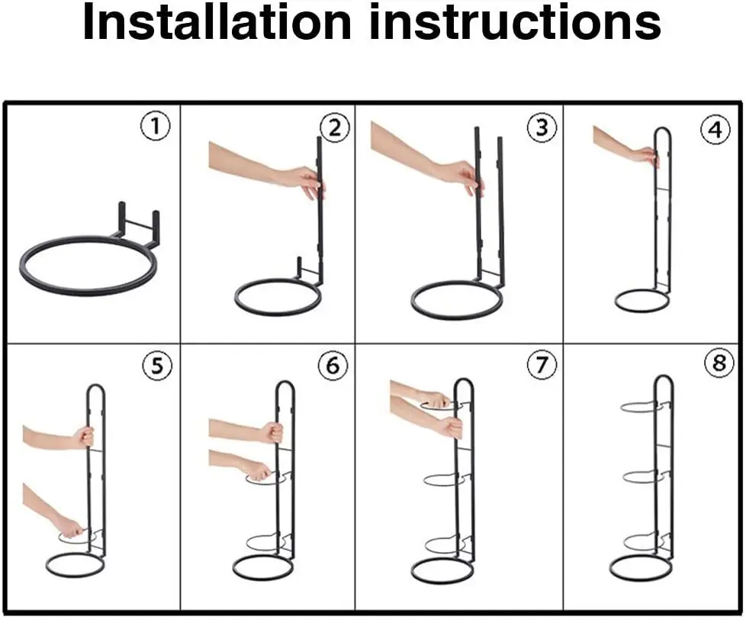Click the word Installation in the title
click(x=217, y=21)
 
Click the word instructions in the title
click(x=515, y=21)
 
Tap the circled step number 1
click(x=156, y=126)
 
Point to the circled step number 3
click(x=542, y=128)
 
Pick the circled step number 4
click(x=715, y=130)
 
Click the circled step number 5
click(x=157, y=366)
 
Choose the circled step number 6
click(x=333, y=365)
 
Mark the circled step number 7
click(x=542, y=365)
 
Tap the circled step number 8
click(x=719, y=363)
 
